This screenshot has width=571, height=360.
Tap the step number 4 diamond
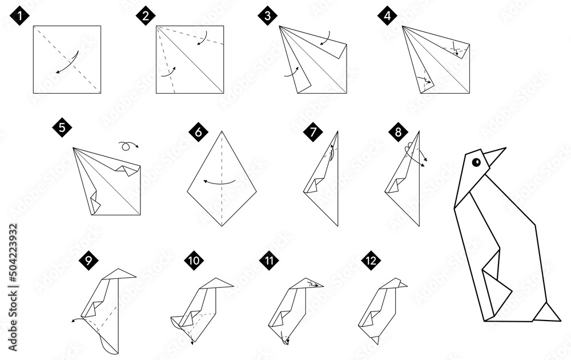(388, 15)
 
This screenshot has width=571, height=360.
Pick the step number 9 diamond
(88, 261)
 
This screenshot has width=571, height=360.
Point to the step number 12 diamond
(371, 261)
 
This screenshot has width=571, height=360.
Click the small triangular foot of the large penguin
(548, 312)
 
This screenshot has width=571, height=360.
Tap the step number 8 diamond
(398, 132)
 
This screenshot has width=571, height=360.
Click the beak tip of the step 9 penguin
(135, 275)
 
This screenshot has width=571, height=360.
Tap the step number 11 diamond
(268, 261)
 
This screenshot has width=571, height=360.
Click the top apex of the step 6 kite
(222, 131)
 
